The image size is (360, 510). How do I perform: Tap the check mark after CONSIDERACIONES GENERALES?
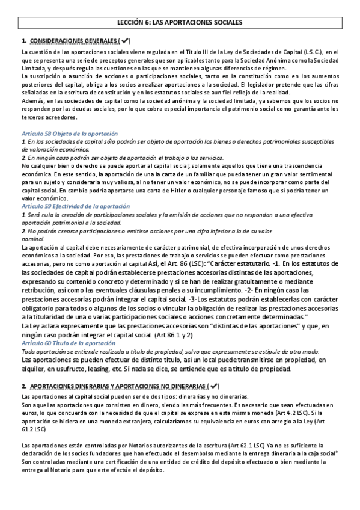(x=124, y=40)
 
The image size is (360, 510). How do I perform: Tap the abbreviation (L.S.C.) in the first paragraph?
(x=319, y=53)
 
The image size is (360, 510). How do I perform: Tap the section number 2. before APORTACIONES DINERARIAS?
(x=23, y=385)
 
